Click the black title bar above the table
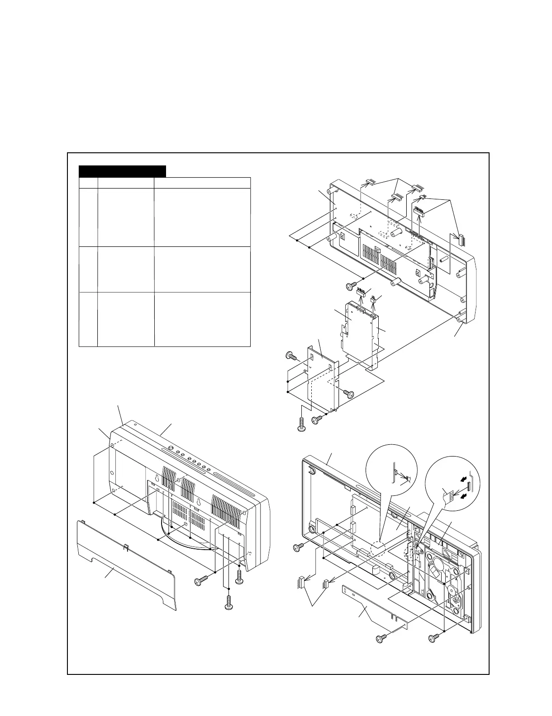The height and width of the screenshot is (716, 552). coord(122,171)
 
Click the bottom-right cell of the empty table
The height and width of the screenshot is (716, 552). coord(202,319)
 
